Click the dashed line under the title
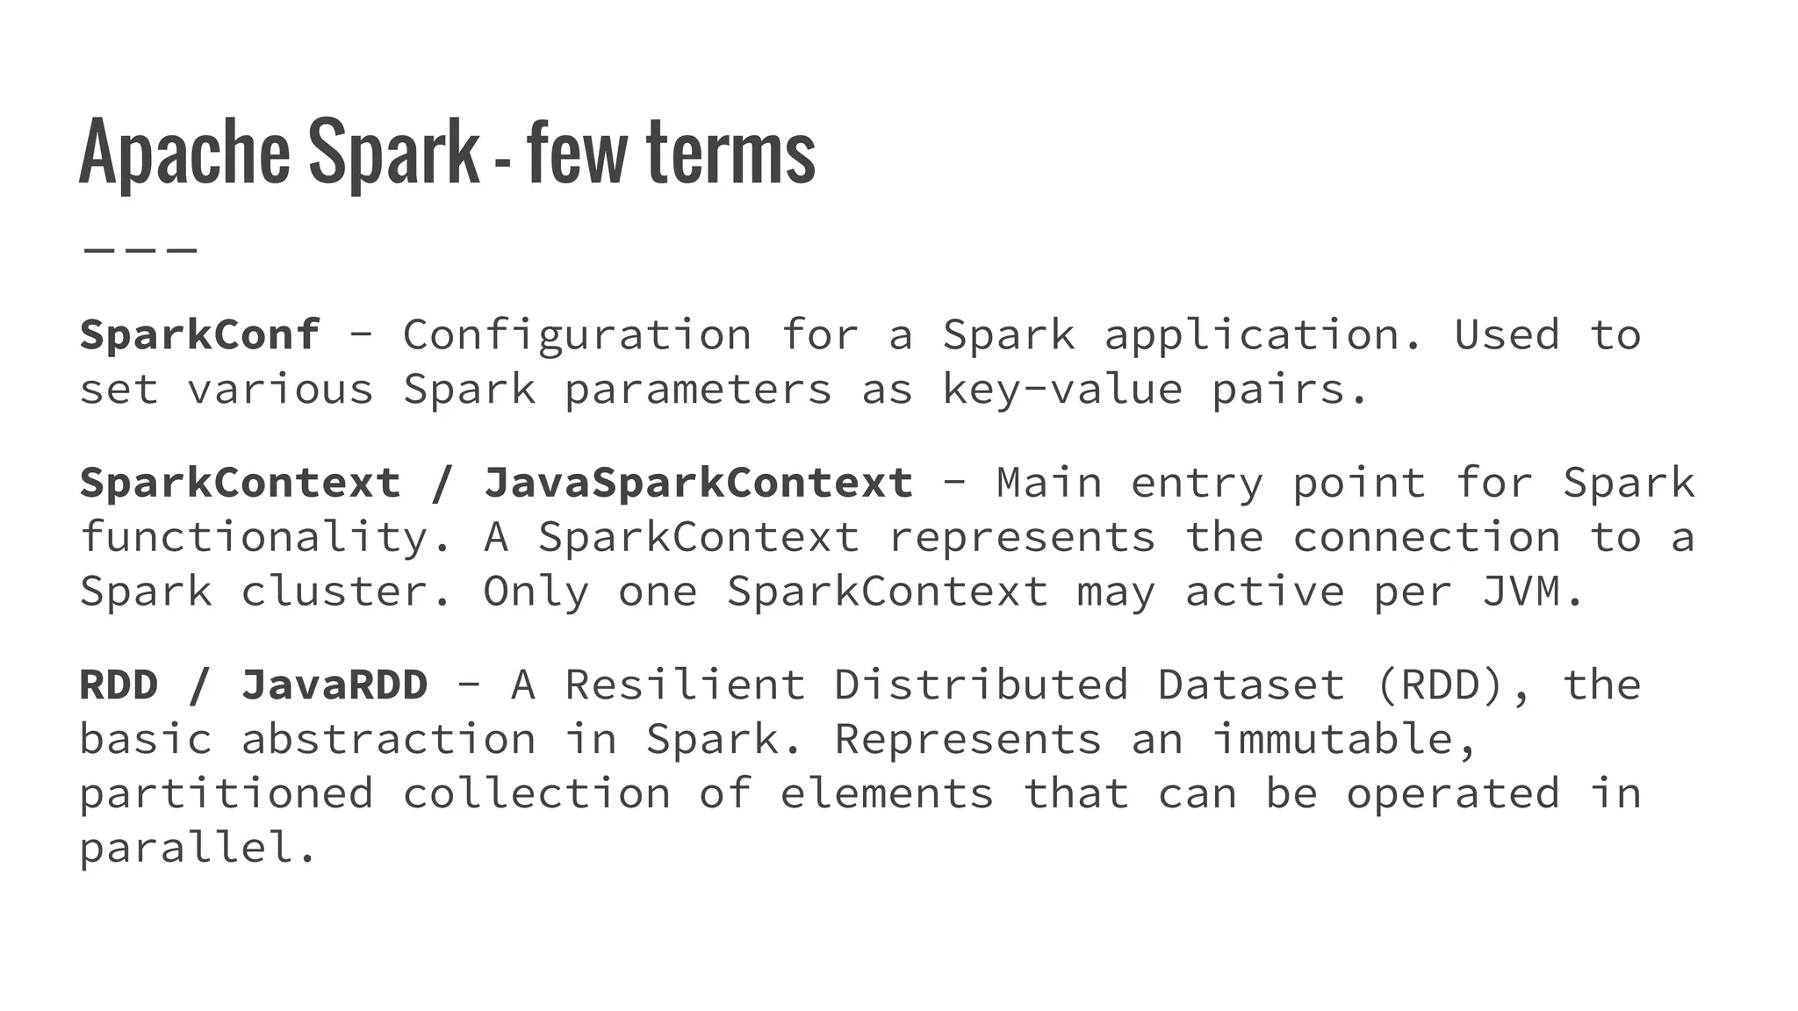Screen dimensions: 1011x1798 [140, 250]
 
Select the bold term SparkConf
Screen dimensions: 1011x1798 [200, 335]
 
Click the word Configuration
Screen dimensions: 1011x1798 [577, 335]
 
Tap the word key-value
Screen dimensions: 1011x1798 [1062, 390]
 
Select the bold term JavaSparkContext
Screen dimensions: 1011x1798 [698, 484]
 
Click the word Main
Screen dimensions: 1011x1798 [1049, 484]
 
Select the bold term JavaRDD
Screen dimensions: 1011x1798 [334, 685]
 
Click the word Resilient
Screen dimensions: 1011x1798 [685, 685]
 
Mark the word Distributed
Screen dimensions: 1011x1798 [981, 685]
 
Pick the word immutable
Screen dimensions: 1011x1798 [1344, 739]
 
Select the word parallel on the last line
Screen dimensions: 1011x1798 [198, 849]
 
